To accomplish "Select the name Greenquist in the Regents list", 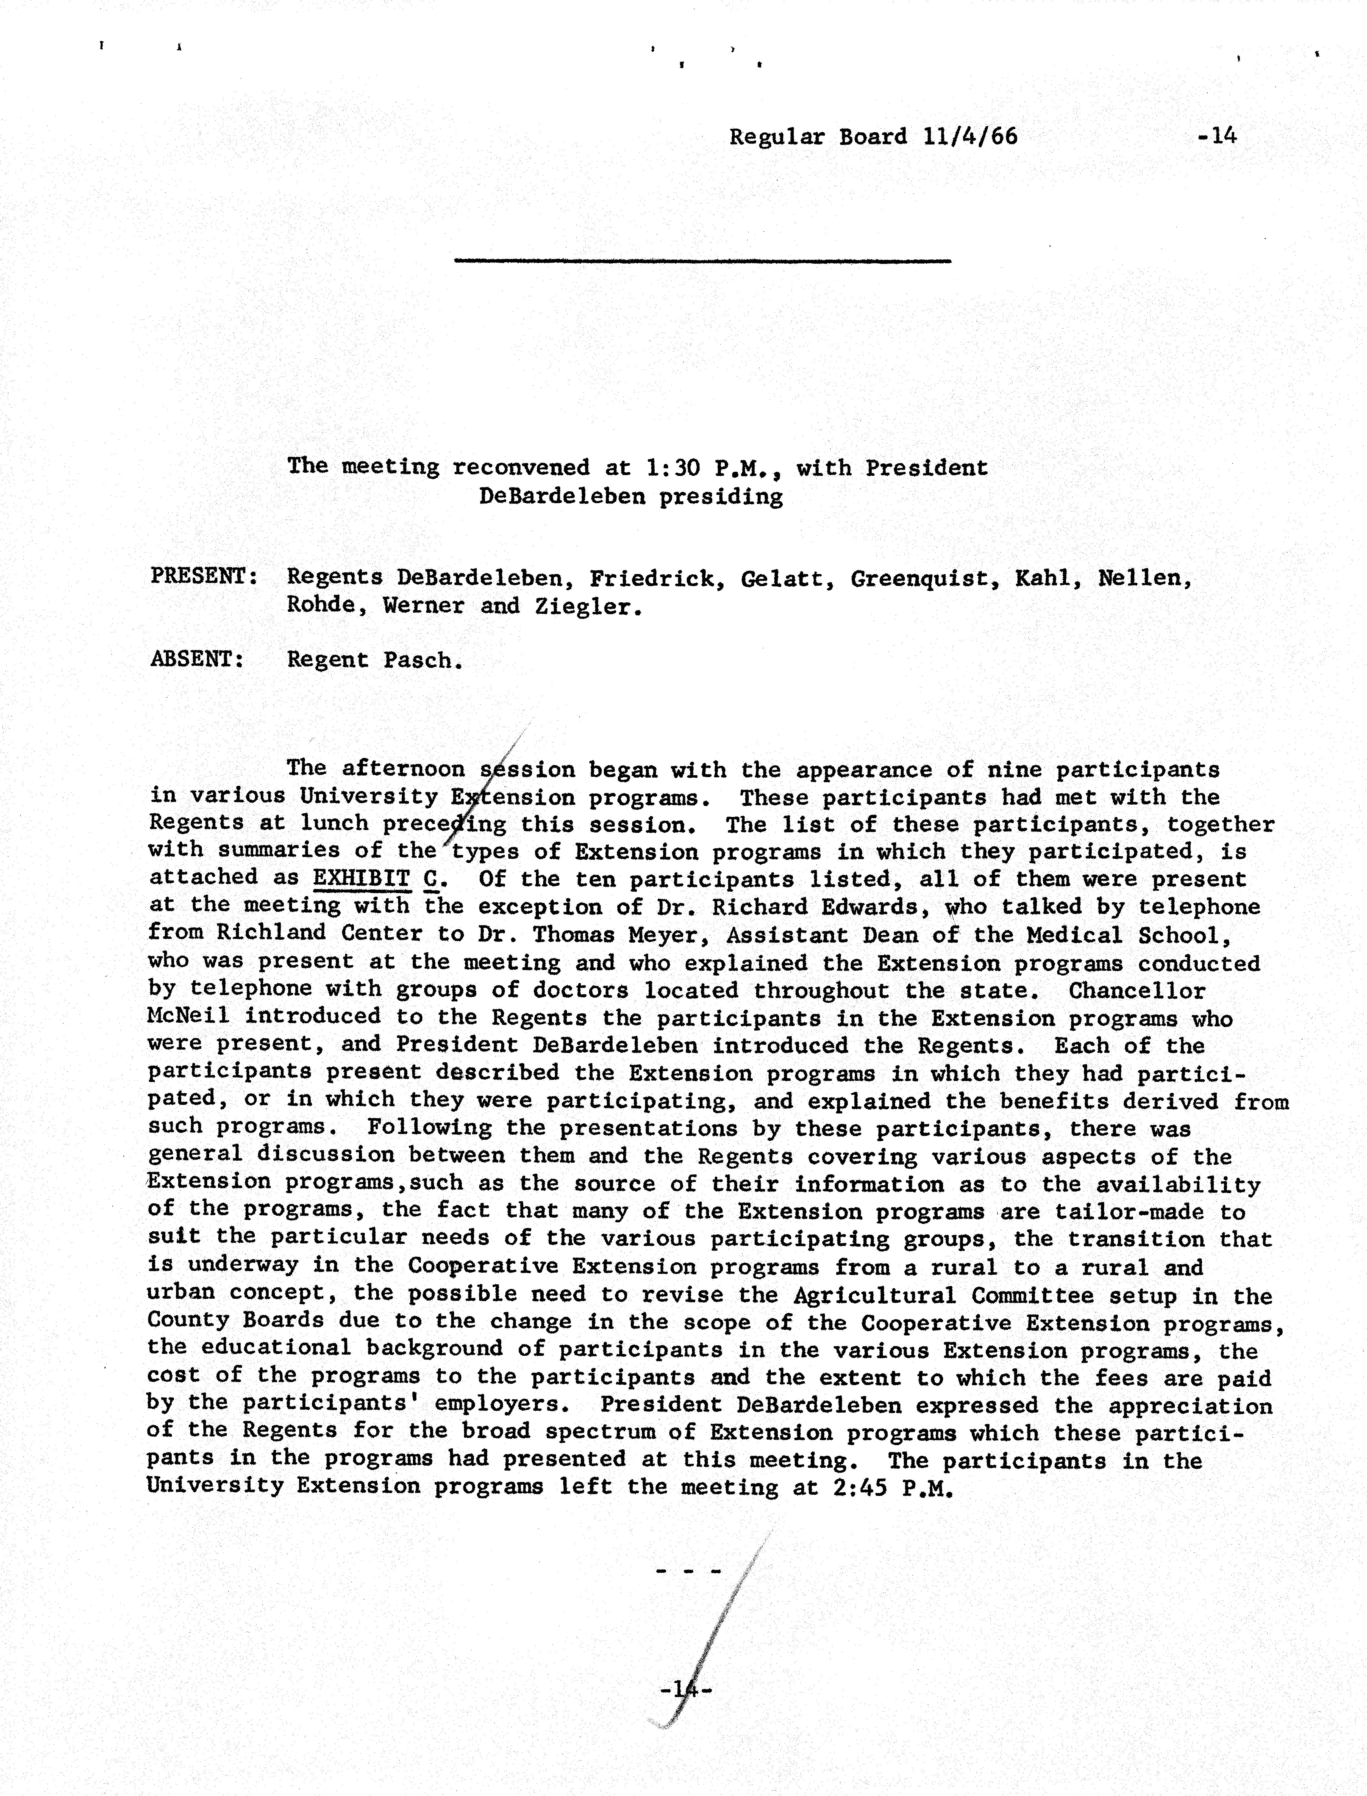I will click(x=924, y=579).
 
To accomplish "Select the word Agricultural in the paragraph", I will click(x=875, y=1295).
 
